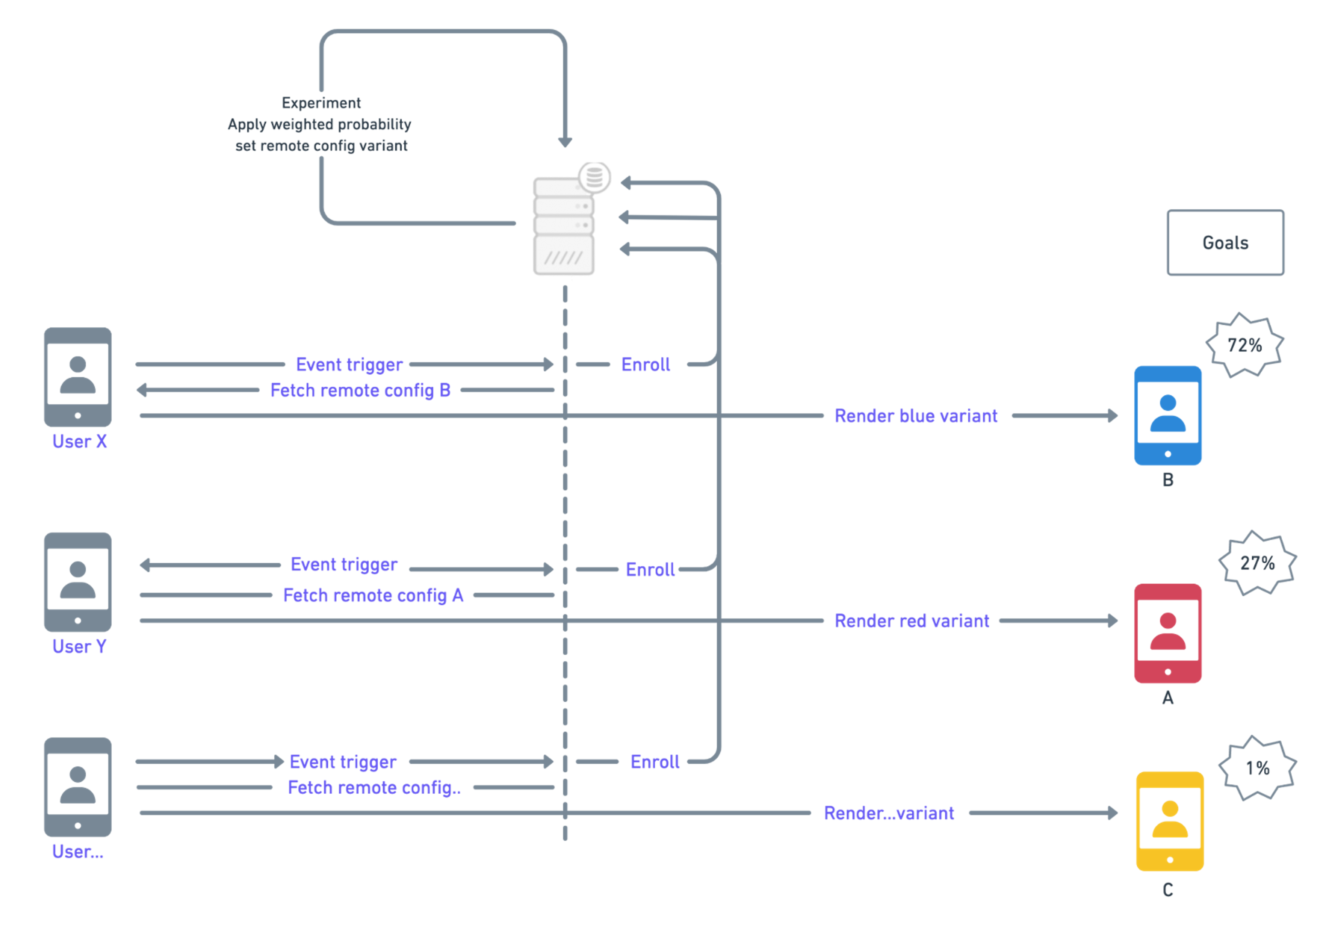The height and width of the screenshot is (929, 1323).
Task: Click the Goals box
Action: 1225,242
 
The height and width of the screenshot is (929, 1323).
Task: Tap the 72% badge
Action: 1245,345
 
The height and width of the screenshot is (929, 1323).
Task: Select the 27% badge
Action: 1257,563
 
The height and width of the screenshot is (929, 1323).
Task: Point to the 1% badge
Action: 1257,768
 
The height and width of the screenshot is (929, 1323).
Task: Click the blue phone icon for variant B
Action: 1168,415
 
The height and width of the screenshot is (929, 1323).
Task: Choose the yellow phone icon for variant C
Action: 1170,821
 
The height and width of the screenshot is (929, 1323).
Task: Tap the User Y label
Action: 80,647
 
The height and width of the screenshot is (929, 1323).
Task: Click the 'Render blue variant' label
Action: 916,416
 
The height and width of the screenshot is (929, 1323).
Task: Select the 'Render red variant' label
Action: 912,621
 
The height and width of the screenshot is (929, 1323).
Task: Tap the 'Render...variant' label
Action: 889,813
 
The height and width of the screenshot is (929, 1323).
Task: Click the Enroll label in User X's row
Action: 645,365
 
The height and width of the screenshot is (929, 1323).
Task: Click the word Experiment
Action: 321,103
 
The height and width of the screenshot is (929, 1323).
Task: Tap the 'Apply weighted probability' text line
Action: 320,124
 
